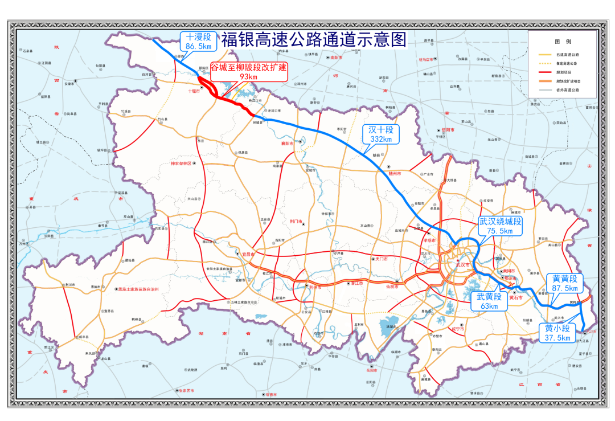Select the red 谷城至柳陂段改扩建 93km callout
coord(249,72)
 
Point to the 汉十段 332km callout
coord(381,134)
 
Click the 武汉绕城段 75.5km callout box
coord(500,226)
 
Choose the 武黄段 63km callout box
coord(489,301)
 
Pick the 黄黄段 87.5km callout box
coord(564,283)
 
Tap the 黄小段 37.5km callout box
coord(557,333)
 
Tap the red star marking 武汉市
coord(457,260)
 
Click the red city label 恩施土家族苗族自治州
coord(138,289)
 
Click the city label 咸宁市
coord(458,329)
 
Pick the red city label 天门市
coord(380,259)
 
